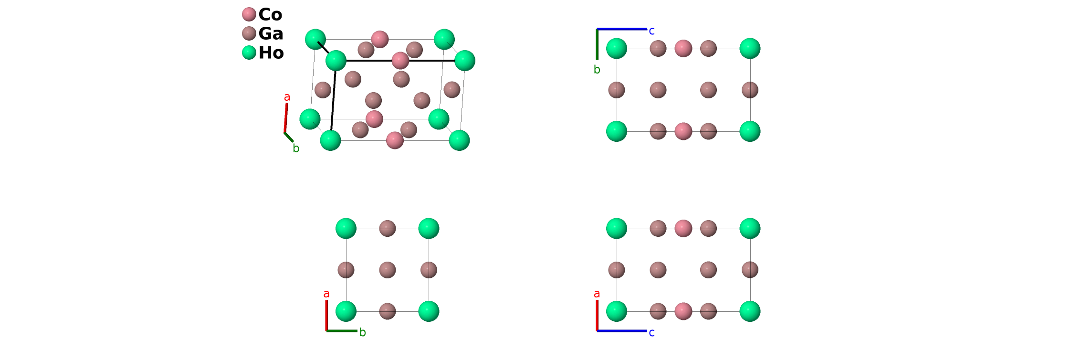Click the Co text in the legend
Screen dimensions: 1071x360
[270, 14]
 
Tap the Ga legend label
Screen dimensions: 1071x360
[271, 33]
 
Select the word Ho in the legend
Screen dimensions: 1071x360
[271, 53]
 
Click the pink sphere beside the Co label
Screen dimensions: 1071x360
[249, 14]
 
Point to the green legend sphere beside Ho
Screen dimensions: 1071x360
[249, 53]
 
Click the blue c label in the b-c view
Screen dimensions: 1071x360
[651, 31]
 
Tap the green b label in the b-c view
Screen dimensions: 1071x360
[597, 70]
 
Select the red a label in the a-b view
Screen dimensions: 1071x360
[326, 294]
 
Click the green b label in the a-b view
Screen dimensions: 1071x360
[363, 332]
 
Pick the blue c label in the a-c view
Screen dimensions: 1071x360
[651, 333]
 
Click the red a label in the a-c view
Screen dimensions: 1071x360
[597, 294]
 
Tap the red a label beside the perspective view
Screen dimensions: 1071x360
[287, 97]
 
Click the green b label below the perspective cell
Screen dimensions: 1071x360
[296, 148]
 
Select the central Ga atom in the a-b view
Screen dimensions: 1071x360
[388, 270]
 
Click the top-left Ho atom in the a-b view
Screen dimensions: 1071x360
[346, 228]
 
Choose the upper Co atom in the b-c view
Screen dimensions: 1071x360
[683, 48]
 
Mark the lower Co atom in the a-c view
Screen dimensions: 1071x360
[683, 311]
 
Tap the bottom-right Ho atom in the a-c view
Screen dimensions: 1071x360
[750, 311]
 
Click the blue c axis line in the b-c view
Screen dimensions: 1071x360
[622, 29]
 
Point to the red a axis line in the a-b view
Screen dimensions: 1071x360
[326, 315]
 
